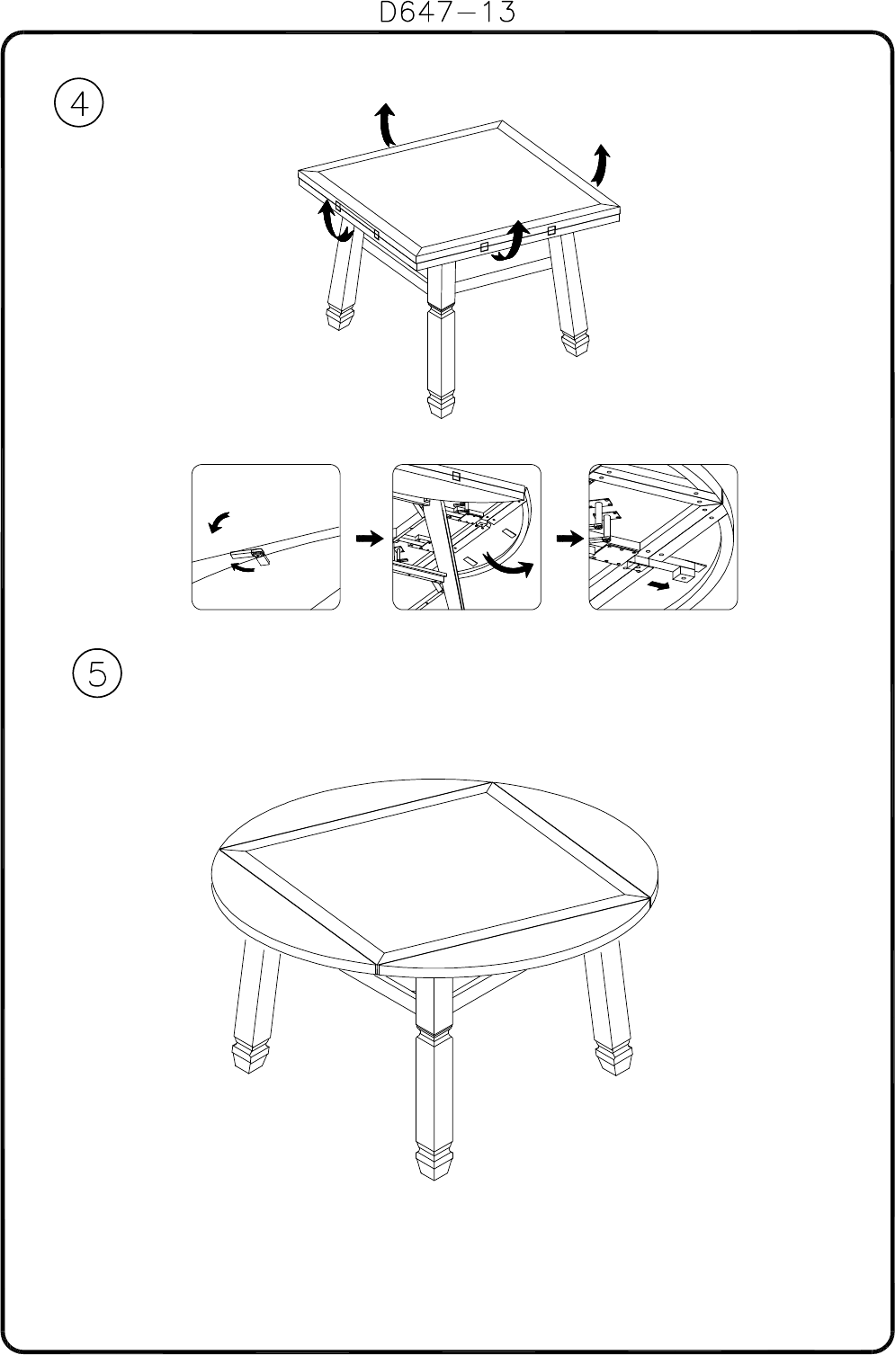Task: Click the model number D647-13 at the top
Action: (447, 12)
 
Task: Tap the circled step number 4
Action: (79, 103)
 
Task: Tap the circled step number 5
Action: (97, 673)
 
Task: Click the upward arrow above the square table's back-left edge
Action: (385, 124)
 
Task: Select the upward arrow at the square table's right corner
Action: (600, 165)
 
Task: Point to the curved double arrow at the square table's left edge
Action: (332, 222)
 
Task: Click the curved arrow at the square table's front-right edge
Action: (510, 242)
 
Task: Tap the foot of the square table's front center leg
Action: (440, 406)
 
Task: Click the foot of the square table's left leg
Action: (339, 318)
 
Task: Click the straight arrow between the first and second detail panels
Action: (369, 538)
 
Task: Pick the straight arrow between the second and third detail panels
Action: (569, 538)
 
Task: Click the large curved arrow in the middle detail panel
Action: (508, 566)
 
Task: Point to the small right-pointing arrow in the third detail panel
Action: (658, 585)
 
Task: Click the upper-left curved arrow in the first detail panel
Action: (219, 521)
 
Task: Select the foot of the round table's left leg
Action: (250, 1056)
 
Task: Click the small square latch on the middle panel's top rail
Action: (456, 476)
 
